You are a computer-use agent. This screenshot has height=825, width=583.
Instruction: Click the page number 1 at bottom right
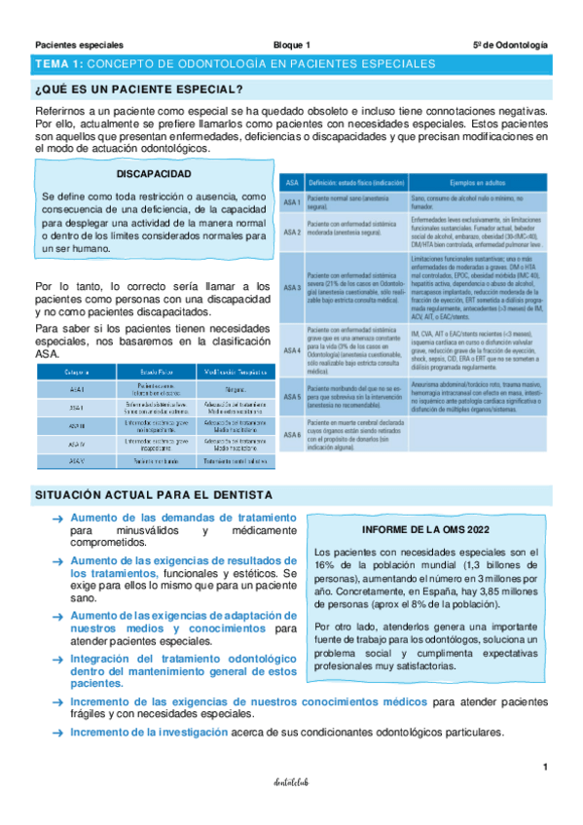point(546,768)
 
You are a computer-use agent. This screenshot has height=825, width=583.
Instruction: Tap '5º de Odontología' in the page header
point(511,45)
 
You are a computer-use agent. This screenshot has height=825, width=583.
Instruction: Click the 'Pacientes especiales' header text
point(79,45)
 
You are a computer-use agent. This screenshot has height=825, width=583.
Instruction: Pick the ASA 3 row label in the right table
point(291,287)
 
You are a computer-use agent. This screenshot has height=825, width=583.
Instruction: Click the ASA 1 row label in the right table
point(291,201)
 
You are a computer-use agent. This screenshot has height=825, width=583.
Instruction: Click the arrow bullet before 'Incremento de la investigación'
point(57,733)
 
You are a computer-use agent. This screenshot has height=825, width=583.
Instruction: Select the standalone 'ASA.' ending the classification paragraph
point(47,355)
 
